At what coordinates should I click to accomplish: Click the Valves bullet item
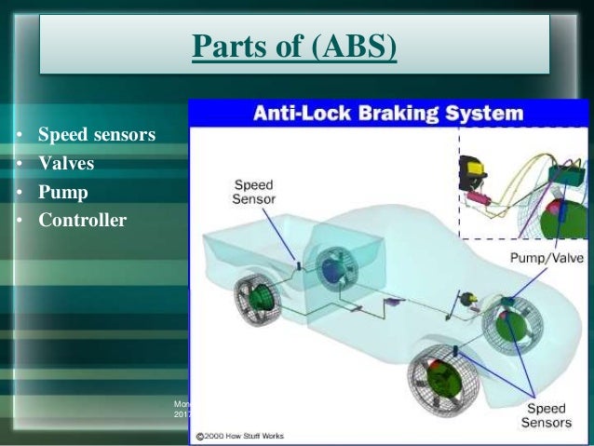click(66, 166)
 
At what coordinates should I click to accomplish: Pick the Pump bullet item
click(62, 194)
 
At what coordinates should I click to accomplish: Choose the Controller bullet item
click(82, 222)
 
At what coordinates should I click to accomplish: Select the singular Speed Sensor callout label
click(253, 191)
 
